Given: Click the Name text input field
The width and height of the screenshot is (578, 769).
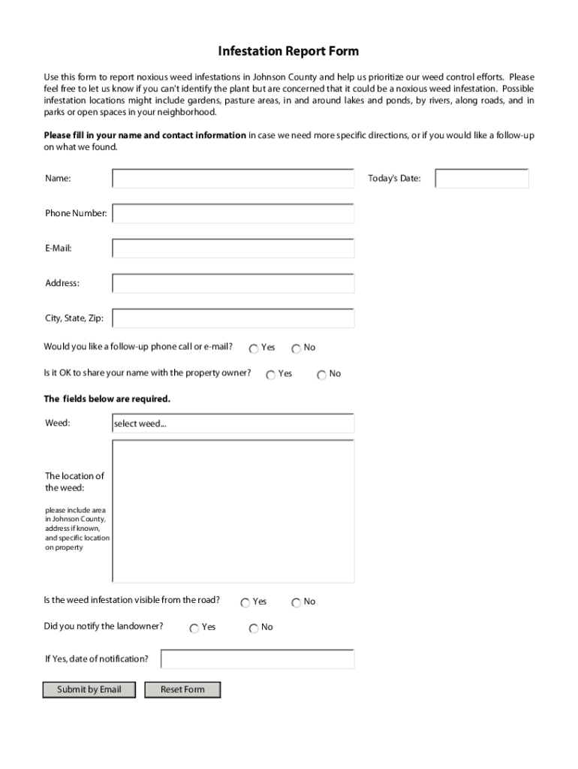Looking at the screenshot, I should pos(233,179).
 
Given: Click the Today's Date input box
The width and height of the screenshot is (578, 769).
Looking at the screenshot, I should pos(482,179).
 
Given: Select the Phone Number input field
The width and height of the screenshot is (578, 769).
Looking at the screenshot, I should pos(233,214).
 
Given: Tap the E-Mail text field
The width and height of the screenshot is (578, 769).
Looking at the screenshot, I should pos(233,249).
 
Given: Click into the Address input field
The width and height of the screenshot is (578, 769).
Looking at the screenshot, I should pos(233,283).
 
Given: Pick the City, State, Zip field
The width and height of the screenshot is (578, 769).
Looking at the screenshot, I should pos(233,318).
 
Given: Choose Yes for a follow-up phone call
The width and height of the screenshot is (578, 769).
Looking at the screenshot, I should pos(254,348).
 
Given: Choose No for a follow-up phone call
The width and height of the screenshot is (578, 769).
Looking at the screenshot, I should pos(297,348).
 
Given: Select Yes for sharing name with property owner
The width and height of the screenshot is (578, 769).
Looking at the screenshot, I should pos(271,375).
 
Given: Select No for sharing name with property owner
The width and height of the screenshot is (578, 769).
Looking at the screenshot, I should pos(322,375).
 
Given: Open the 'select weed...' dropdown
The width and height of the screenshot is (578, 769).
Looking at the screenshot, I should pos(233,424).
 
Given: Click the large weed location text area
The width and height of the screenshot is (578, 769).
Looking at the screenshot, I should pos(233,511).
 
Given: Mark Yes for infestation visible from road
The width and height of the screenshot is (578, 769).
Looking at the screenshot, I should pos(245,602).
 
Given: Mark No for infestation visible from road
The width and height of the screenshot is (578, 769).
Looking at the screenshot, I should pos(297,602).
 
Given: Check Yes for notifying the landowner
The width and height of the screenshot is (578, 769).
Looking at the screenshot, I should pos(194,628).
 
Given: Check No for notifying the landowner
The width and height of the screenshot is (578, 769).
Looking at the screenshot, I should pos(254,628).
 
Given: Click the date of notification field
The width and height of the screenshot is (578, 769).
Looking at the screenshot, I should pos(257,659).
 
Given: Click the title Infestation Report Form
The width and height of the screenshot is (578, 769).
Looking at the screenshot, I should pos(288,51).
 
